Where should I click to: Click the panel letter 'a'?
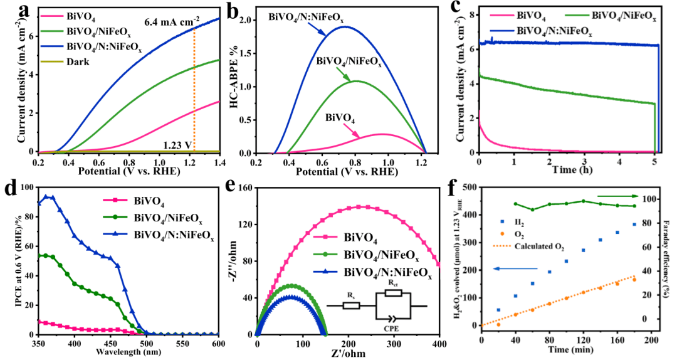[25, 11]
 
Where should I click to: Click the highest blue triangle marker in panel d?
[45, 196]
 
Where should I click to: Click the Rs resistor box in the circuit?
[352, 306]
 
